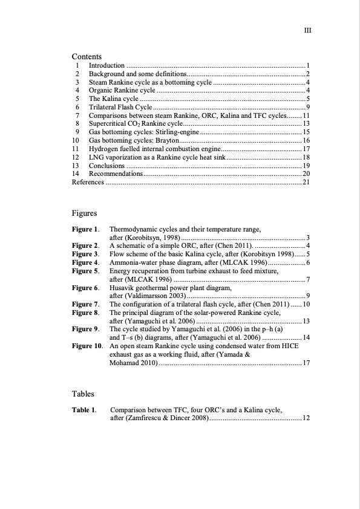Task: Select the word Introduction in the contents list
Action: [107, 65]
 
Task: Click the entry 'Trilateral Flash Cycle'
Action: [119, 107]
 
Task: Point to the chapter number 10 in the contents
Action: [76, 140]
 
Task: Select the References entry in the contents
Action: [88, 182]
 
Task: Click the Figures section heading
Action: [84, 213]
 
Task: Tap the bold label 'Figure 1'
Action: [85, 230]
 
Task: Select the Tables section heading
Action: [83, 394]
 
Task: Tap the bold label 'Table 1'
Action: [84, 410]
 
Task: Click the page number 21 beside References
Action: [306, 182]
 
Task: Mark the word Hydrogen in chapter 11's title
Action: [103, 149]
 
